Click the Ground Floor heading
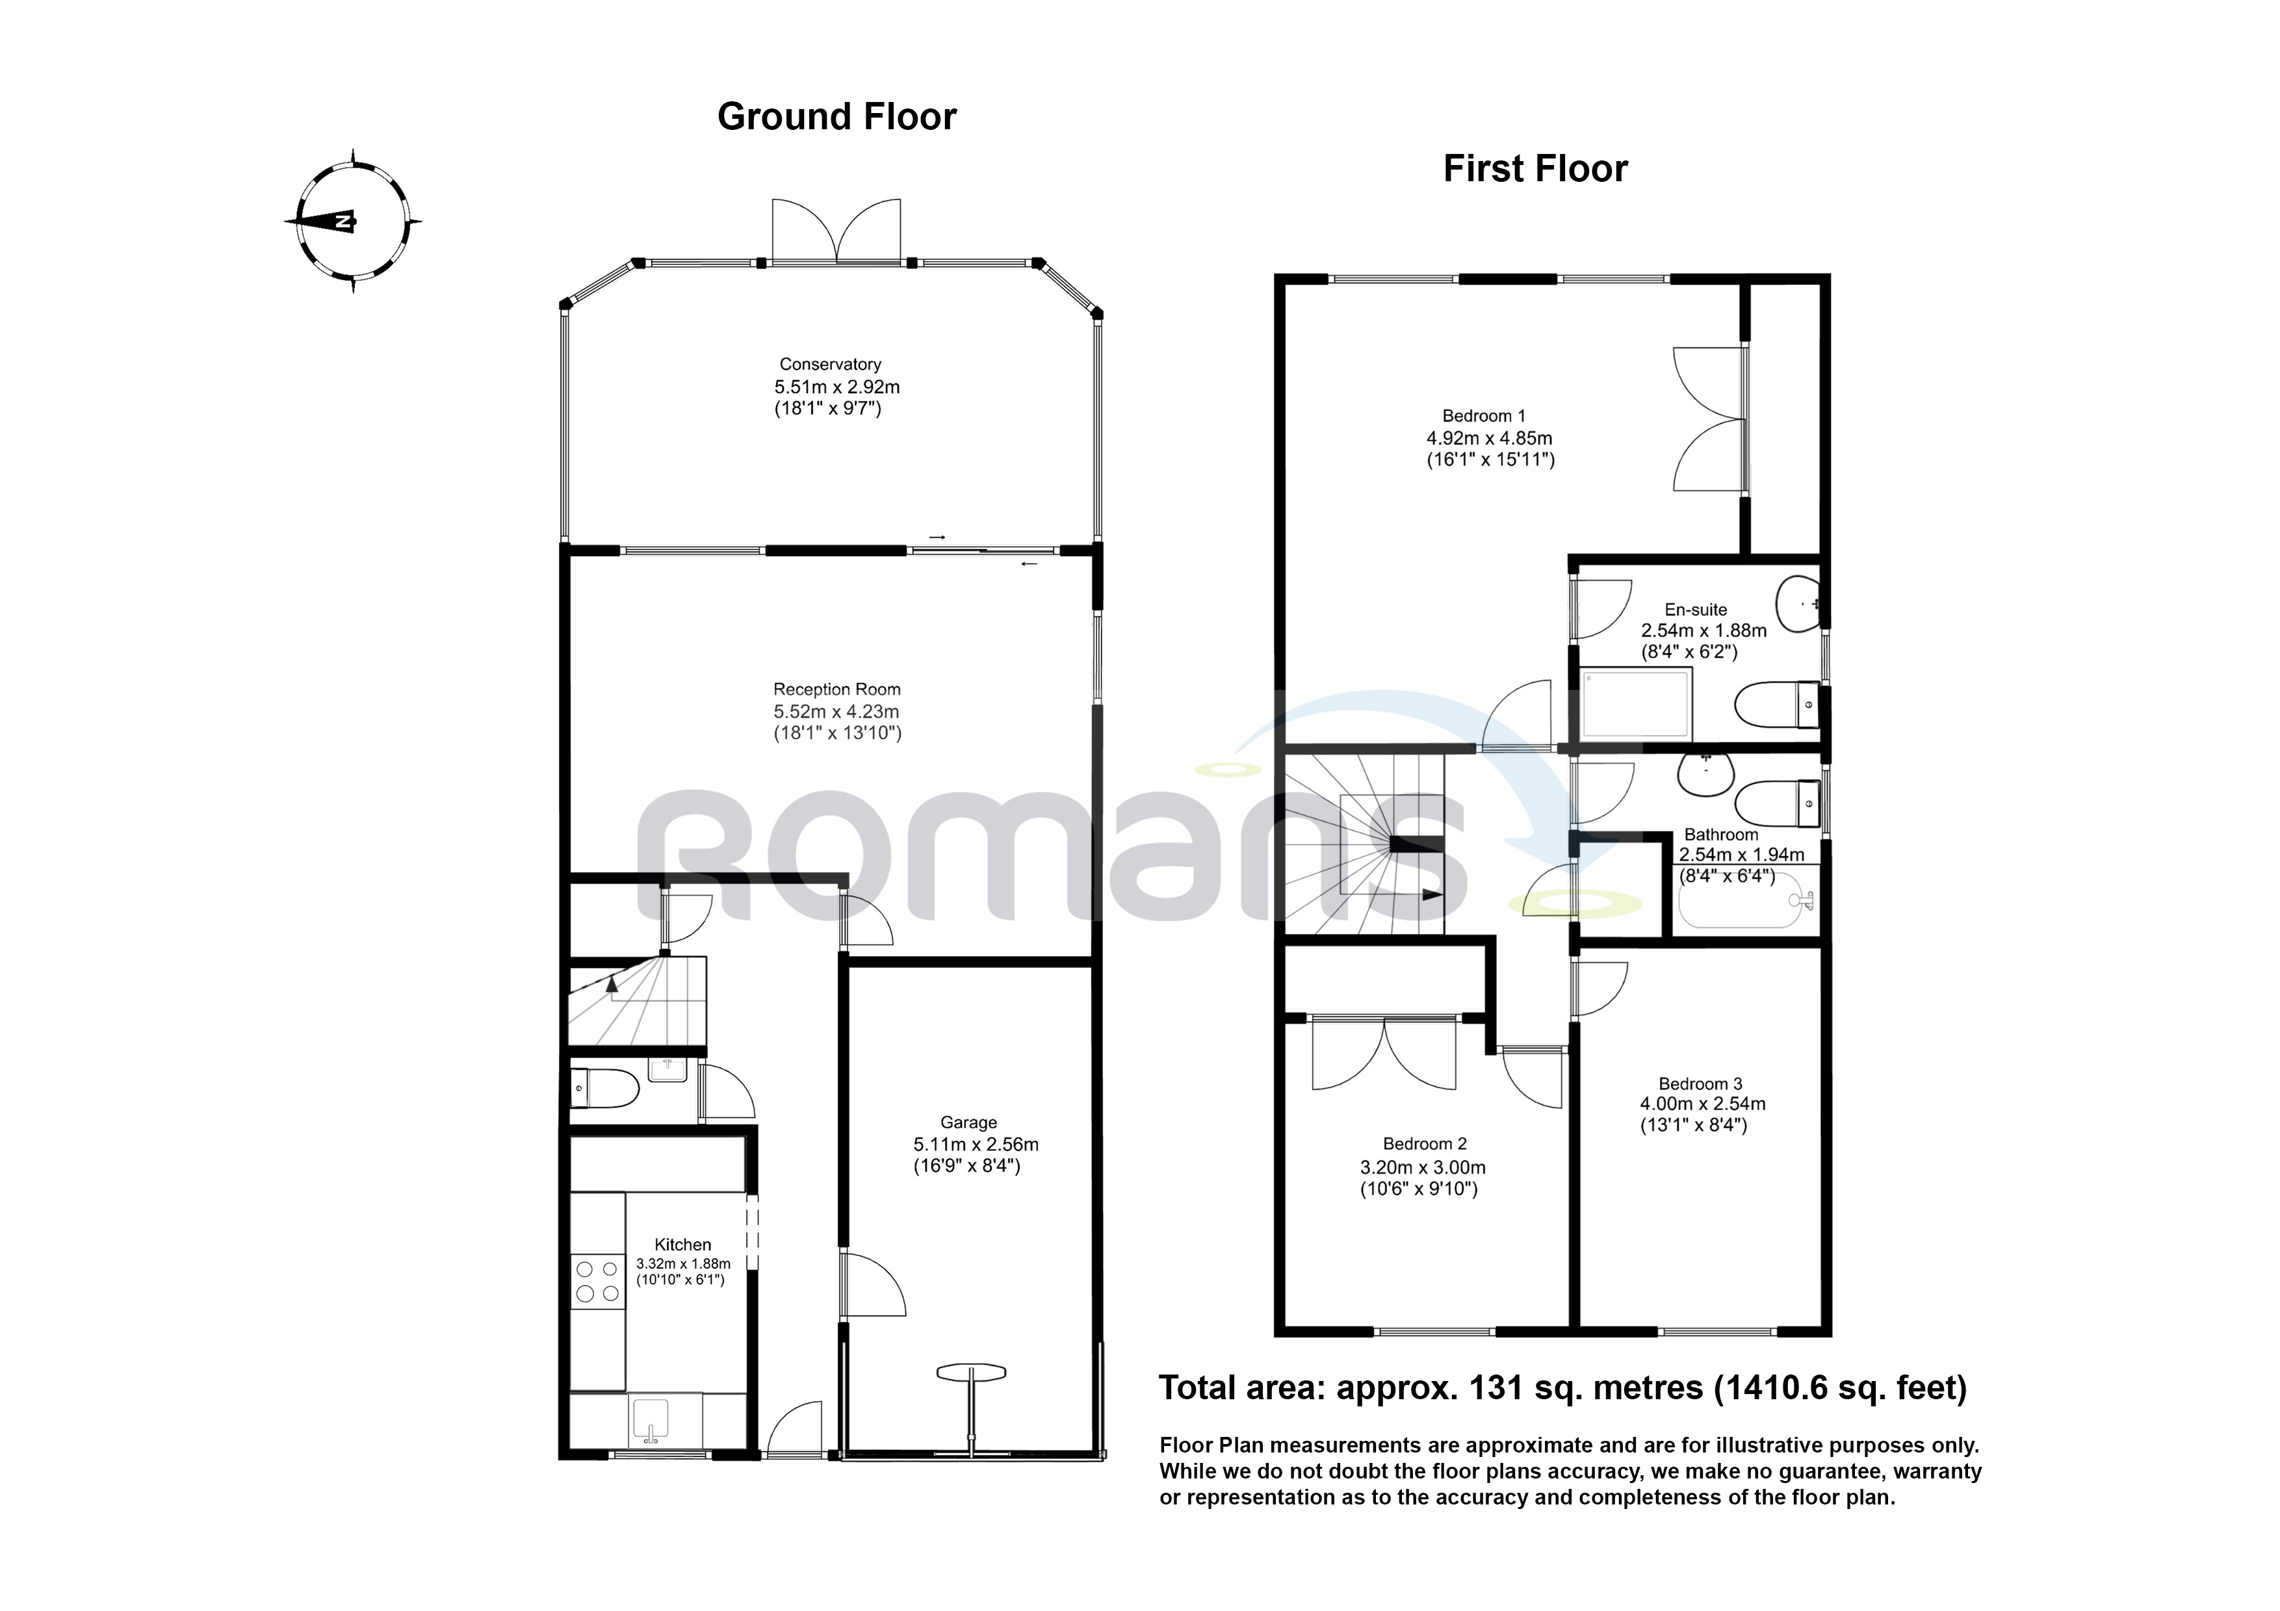tap(836, 117)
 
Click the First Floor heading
tap(1535, 169)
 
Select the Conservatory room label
tap(829, 364)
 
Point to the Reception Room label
tap(836, 689)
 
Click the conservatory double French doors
tap(836, 231)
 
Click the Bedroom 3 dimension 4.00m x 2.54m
tap(1702, 1103)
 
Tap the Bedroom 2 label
tap(1424, 1143)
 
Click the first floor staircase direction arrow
tap(1431, 894)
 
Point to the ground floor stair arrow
tap(612, 983)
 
